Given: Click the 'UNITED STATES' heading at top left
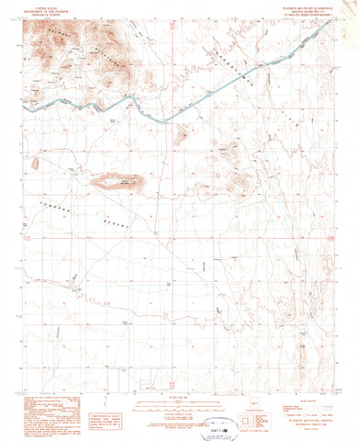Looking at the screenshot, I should pyautogui.click(x=41, y=8).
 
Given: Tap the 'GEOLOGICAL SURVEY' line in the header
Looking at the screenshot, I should pyautogui.click(x=41, y=16).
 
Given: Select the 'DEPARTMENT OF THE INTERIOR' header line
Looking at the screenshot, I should pyautogui.click(x=41, y=12).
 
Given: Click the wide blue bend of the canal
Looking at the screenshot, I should pyautogui.click(x=138, y=114).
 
